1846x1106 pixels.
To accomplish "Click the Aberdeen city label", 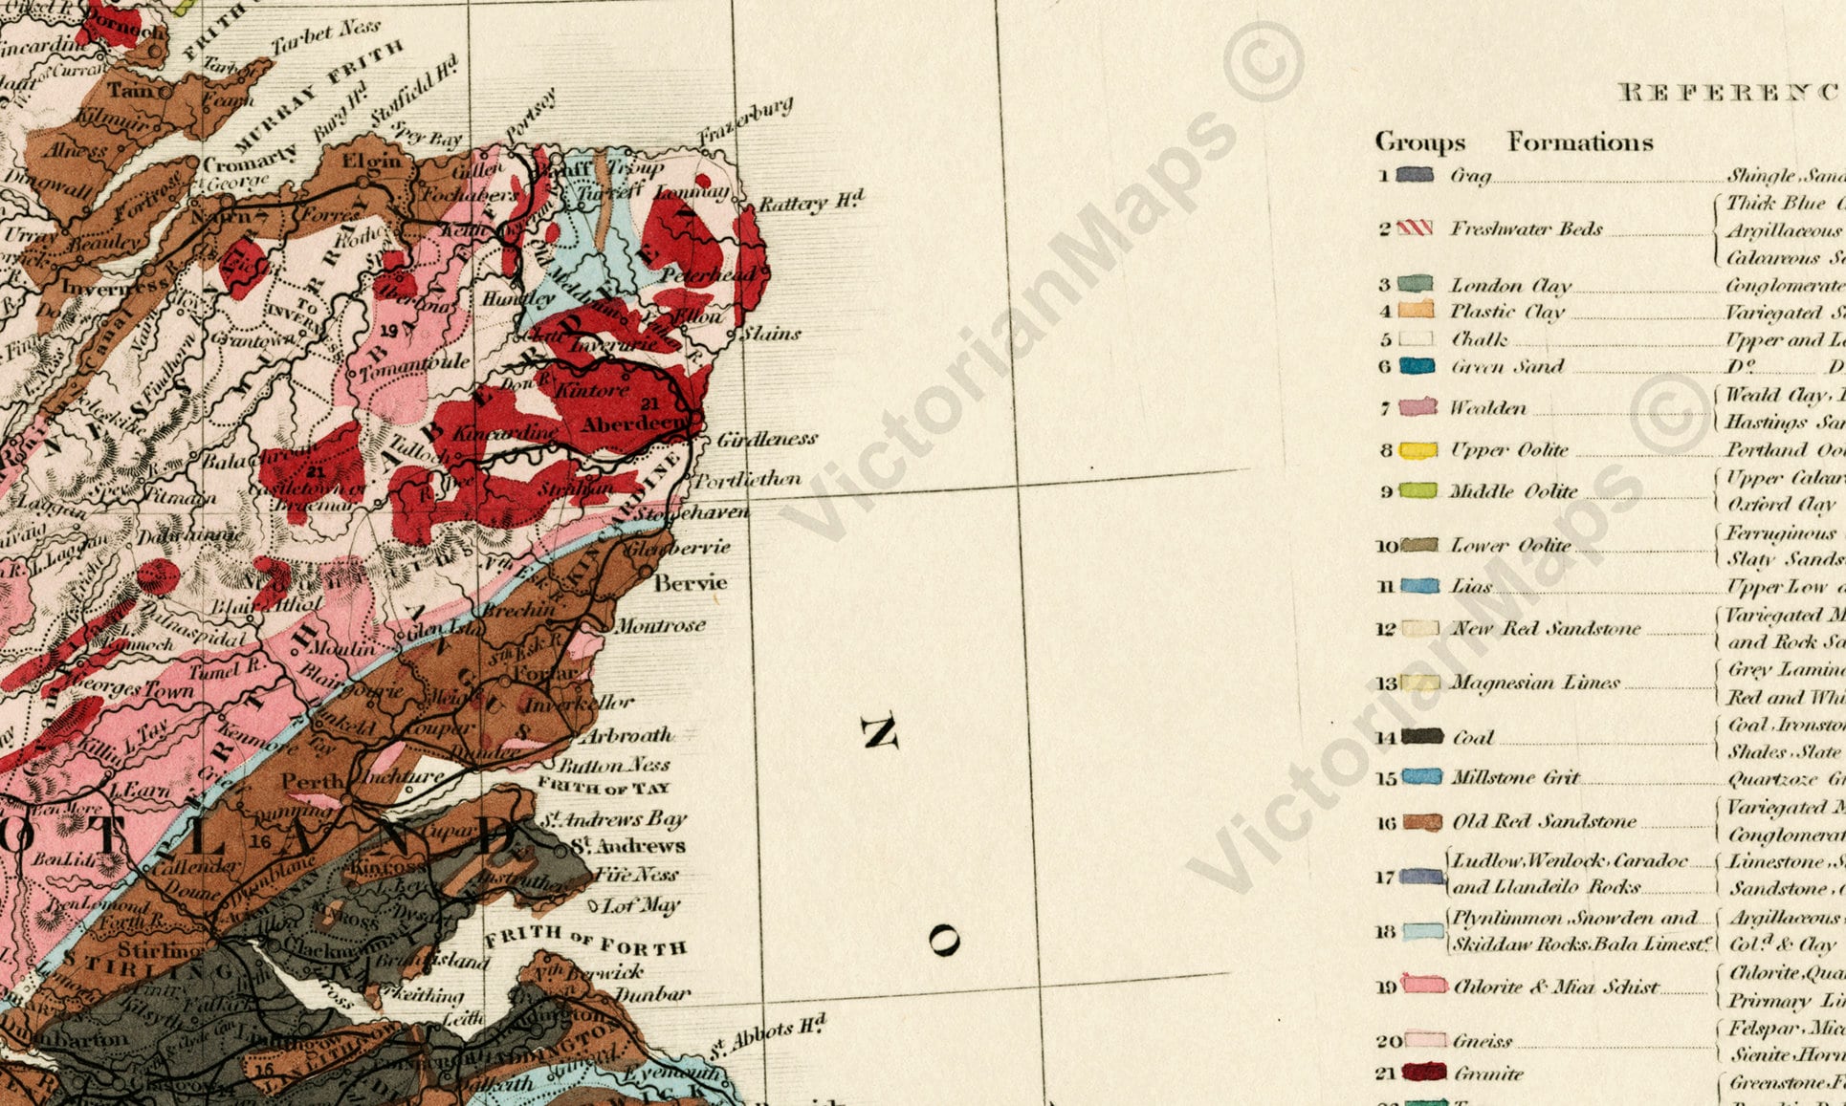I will [633, 423].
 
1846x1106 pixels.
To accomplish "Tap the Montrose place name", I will [660, 626].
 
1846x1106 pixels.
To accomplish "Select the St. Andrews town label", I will [627, 846].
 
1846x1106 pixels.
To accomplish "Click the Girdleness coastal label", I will [767, 439].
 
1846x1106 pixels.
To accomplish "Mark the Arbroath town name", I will [626, 735].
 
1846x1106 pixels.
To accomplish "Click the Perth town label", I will [313, 781].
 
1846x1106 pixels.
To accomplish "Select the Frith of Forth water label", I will [585, 940].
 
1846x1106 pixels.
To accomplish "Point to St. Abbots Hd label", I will [767, 1038].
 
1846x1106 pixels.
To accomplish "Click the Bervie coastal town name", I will [691, 583].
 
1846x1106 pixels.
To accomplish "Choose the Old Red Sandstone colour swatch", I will [1422, 822].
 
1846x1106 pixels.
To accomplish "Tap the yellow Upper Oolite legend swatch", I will [1418, 450].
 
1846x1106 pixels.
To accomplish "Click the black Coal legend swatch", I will [1421, 737].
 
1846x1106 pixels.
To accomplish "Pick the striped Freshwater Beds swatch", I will [1416, 228].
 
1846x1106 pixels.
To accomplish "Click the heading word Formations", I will [1580, 142].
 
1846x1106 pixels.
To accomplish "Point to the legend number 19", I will [1386, 987].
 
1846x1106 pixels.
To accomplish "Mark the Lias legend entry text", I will [1471, 587].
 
